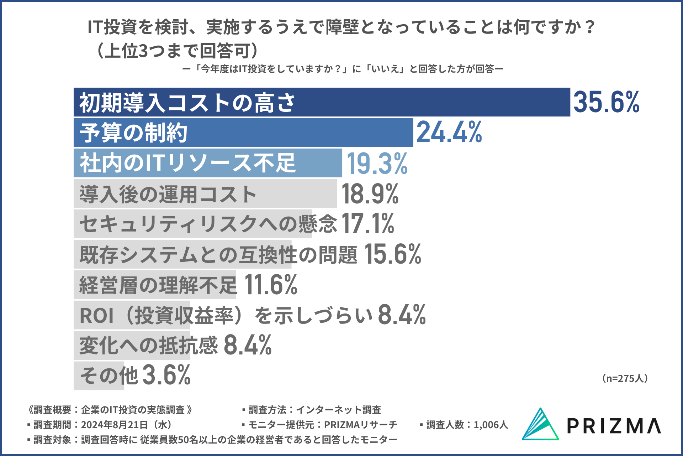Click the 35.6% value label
(606, 102)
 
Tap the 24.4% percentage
(449, 133)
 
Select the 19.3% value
(377, 164)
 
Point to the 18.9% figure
(370, 194)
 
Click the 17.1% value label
(368, 224)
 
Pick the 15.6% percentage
(393, 254)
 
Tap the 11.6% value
(271, 285)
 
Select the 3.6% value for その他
(166, 375)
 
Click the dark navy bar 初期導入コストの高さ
(427, 102)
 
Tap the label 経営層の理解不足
(158, 285)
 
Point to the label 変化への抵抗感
(148, 346)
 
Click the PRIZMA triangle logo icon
(540, 425)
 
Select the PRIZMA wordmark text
(614, 426)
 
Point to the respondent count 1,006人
(491, 425)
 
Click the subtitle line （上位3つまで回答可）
(177, 51)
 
